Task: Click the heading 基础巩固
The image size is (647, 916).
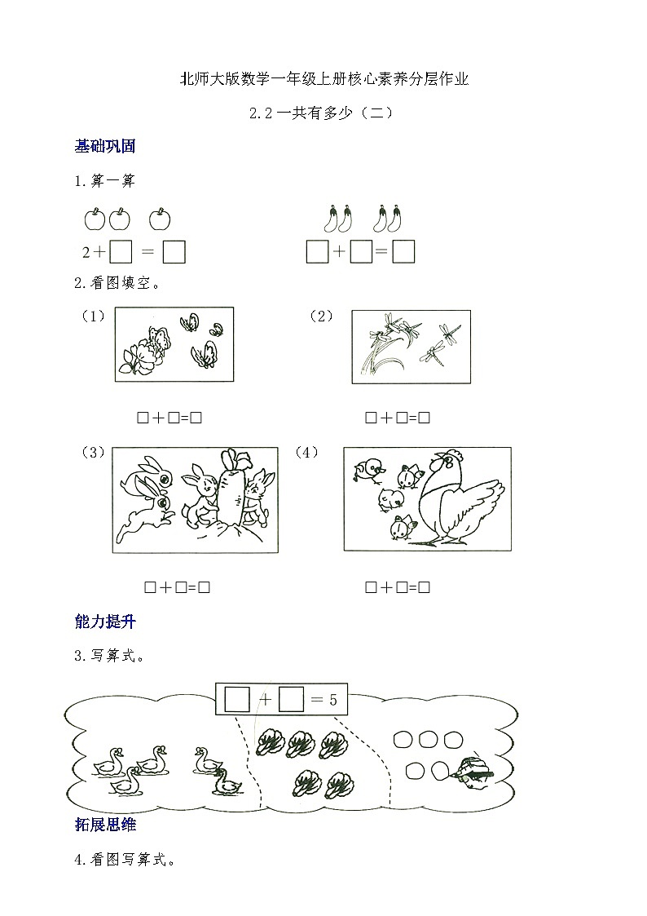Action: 104,147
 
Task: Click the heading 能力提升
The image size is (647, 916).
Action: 104,622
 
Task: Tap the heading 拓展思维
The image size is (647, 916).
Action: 104,825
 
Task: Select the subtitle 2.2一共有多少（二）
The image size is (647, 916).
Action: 323,114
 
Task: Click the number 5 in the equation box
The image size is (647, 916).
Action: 332,699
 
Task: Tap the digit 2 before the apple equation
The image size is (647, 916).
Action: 86,253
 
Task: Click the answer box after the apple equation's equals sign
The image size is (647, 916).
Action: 174,253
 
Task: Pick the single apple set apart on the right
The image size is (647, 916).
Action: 160,219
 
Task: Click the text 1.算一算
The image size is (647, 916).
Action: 104,182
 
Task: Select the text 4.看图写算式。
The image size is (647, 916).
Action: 124,860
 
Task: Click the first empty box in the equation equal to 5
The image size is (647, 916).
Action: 236,699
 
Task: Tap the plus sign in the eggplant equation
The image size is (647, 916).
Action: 339,253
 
